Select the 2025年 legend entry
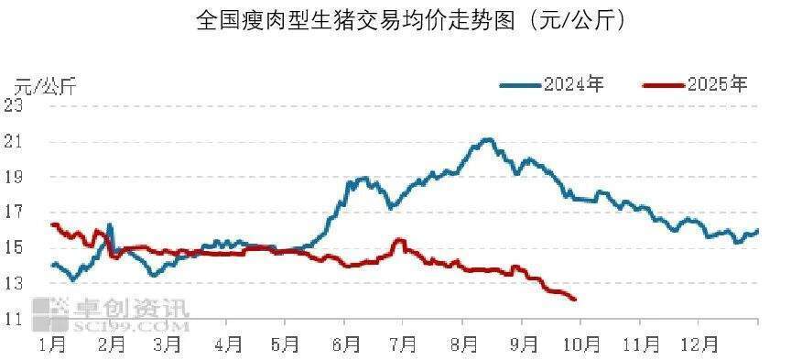point(696,85)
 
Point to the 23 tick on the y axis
point(14,105)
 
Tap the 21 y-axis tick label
point(14,142)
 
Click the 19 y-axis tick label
point(14,177)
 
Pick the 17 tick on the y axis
point(14,213)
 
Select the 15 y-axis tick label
point(14,248)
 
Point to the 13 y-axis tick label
point(14,284)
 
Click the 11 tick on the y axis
point(14,320)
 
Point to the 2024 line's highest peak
point(488,139)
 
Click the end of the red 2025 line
point(574,300)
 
